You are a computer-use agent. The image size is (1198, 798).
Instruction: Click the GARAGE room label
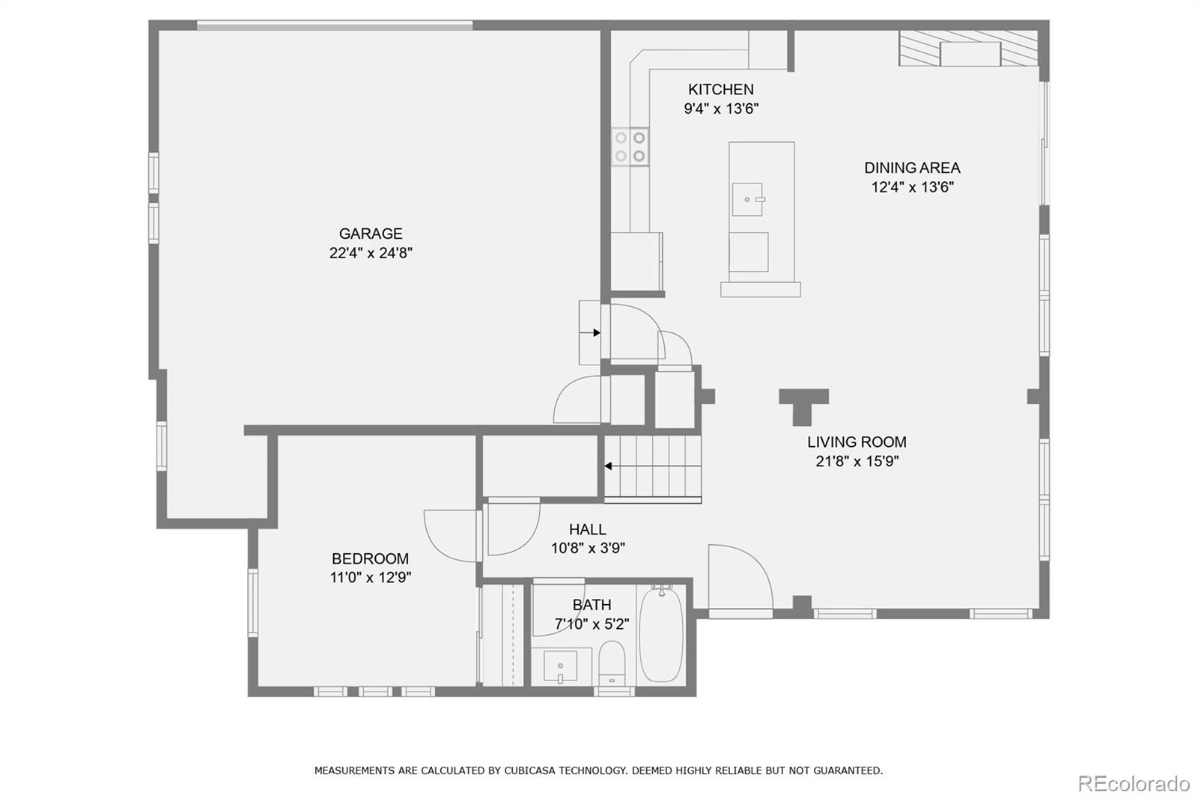coord(371,234)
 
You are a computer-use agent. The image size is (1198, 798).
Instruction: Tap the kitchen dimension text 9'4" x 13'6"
coord(721,109)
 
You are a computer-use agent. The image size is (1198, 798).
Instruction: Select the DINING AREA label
coord(911,168)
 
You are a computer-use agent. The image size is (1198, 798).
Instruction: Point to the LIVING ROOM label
coord(857,442)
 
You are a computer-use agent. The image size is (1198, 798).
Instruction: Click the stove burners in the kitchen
coord(630,147)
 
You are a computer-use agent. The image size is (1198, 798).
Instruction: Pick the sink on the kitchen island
coord(747,199)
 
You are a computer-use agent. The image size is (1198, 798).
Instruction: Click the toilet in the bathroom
coord(612,662)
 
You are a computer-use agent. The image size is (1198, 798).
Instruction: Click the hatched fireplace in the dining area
coord(969,49)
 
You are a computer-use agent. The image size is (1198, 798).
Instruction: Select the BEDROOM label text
coord(370,558)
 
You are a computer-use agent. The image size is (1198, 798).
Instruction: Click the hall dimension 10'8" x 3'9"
coord(588,548)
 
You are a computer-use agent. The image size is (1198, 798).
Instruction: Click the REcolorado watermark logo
coord(1133,783)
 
